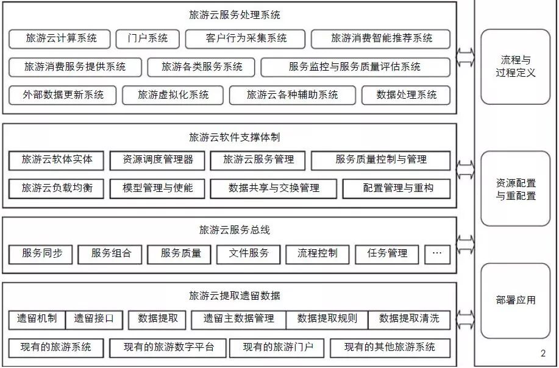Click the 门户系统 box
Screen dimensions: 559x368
[148, 38]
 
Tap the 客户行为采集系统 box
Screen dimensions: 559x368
[246, 38]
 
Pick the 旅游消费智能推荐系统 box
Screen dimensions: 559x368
[381, 38]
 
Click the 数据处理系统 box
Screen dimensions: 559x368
[406, 95]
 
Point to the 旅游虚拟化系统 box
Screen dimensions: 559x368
[173, 95]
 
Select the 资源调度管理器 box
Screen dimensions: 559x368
[158, 160]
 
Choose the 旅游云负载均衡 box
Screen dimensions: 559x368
[57, 188]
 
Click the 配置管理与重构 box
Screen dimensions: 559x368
[397, 188]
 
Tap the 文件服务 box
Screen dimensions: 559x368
[249, 253]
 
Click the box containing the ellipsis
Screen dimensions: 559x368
[437, 253]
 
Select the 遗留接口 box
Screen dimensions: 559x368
[94, 319]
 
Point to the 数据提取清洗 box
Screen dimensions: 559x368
[408, 319]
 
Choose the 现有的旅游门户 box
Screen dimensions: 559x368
[278, 347]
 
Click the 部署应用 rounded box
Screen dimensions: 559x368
[516, 300]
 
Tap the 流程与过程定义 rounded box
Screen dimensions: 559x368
[516, 66]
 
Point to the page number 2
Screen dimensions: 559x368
[543, 354]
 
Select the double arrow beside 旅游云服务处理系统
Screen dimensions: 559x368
[466, 58]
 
